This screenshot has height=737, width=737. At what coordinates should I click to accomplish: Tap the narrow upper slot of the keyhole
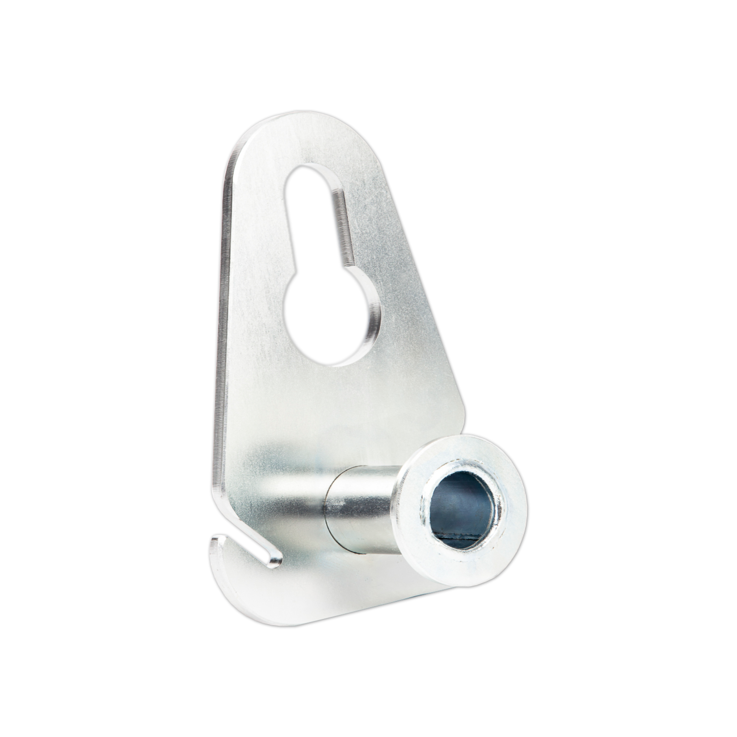click(318, 221)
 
